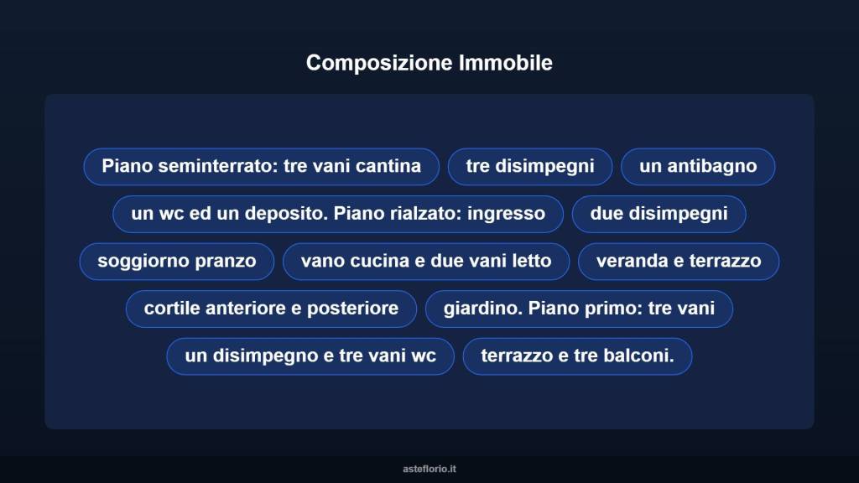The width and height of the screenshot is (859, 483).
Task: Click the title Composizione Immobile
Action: pos(429,63)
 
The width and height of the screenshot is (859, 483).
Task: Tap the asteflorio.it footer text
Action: pos(429,469)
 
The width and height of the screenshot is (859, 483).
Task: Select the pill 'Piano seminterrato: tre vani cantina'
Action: pos(261,166)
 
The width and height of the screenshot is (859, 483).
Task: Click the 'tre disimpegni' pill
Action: pos(530,166)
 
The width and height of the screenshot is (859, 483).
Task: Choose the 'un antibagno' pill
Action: pos(698,166)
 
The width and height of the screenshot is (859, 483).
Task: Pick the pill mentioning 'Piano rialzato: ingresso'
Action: pos(338,214)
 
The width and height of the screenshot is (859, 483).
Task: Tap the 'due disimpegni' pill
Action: pos(659,214)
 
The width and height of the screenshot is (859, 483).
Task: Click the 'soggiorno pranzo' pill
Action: pos(177,261)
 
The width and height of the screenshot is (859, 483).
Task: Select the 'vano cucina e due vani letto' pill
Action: pos(426,261)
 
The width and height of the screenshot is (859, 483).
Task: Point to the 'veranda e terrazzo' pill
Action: pos(679,261)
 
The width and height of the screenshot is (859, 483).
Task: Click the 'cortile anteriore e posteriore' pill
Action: pos(271,309)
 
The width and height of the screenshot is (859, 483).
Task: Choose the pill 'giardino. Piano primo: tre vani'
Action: pos(579,309)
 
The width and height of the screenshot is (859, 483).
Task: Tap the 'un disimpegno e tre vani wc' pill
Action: pos(310,356)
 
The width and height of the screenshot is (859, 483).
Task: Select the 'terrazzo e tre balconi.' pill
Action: pos(577,356)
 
